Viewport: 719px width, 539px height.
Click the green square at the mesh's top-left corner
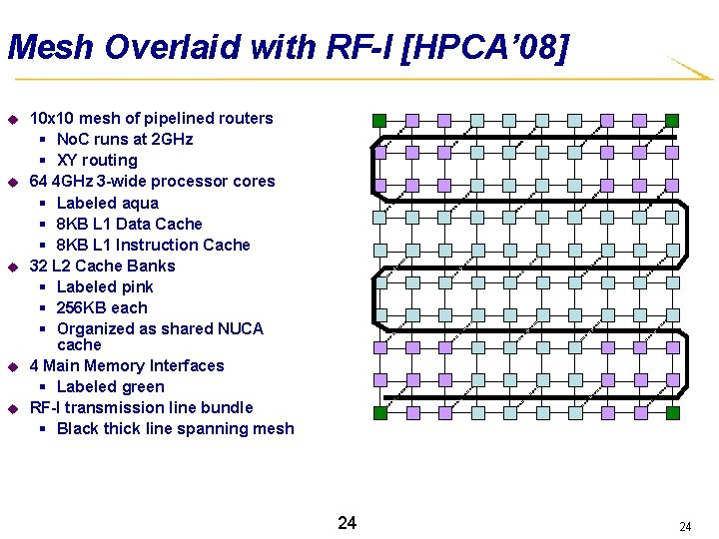pos(379,121)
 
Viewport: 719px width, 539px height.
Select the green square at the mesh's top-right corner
pos(672,121)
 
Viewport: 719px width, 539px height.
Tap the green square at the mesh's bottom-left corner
pos(379,412)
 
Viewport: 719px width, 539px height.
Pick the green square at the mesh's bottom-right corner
pos(672,412)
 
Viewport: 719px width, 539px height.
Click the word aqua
pos(138,203)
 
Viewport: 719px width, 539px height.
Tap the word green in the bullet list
pos(140,386)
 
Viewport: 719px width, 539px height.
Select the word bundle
pos(228,407)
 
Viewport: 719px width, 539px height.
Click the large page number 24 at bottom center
pos(347,523)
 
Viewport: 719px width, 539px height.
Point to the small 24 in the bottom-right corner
pos(685,526)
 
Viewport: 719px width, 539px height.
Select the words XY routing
pos(97,160)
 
